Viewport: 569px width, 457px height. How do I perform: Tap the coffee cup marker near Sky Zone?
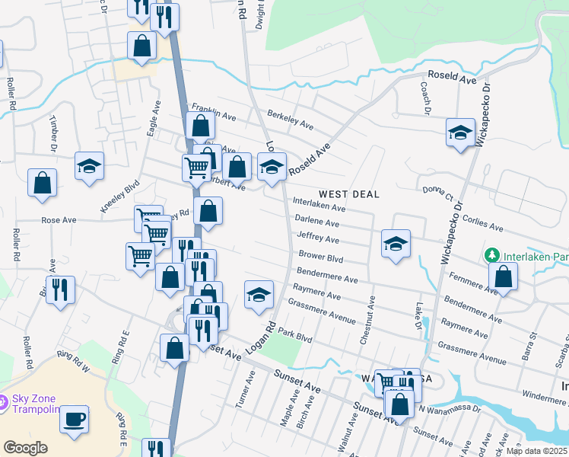click(x=75, y=420)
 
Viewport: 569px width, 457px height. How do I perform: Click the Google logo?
click(x=25, y=448)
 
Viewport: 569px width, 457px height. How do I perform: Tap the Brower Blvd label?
click(x=321, y=255)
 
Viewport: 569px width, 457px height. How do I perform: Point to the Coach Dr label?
click(x=425, y=99)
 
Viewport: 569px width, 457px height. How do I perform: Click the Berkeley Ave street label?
click(x=290, y=118)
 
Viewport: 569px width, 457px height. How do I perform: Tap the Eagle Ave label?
click(x=153, y=119)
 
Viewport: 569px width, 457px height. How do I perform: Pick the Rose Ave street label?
click(x=59, y=219)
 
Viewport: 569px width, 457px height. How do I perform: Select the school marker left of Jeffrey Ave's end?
click(x=396, y=245)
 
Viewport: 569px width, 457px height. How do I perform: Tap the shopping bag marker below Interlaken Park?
click(x=503, y=277)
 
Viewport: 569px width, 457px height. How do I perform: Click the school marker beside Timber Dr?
click(x=89, y=168)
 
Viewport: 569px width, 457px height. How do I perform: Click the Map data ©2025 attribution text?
click(x=537, y=451)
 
